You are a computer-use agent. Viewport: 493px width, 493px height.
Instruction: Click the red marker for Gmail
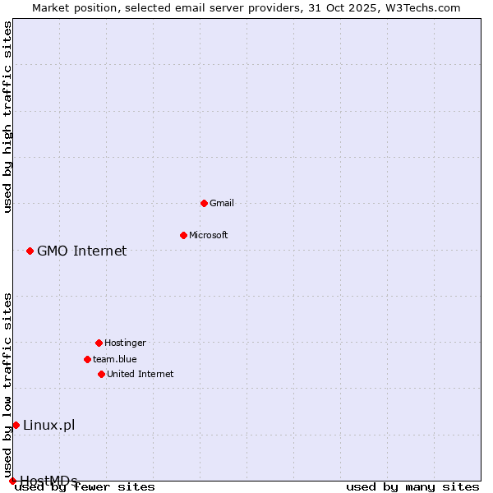coord(204,203)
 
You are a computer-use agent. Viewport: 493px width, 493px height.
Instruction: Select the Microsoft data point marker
coord(183,235)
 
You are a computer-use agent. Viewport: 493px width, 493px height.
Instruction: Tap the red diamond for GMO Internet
coord(30,251)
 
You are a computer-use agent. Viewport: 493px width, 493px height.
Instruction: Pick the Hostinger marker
coord(99,343)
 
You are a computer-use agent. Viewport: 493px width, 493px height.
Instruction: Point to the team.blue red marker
coord(87,359)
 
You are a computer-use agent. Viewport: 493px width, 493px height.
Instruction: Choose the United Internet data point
coord(101,374)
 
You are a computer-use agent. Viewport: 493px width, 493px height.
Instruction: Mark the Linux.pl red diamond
coord(16,425)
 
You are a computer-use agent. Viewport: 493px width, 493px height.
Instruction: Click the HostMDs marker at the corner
coord(12,481)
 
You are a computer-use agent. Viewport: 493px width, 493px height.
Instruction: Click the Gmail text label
coord(222,203)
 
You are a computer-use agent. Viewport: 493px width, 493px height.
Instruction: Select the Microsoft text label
coord(209,235)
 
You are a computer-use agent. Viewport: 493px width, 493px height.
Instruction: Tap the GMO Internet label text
coord(82,251)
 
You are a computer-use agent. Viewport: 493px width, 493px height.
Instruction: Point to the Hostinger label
coord(125,343)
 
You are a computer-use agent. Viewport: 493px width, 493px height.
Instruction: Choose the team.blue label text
coord(115,359)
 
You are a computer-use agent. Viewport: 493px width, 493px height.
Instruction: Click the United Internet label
coord(141,374)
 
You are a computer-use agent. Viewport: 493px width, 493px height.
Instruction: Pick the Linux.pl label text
coord(49,425)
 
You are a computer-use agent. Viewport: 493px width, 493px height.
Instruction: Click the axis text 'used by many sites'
coord(412,486)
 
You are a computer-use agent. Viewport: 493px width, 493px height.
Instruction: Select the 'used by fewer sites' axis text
coord(85,486)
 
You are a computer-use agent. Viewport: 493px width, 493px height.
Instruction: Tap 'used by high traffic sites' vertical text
coord(8,117)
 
